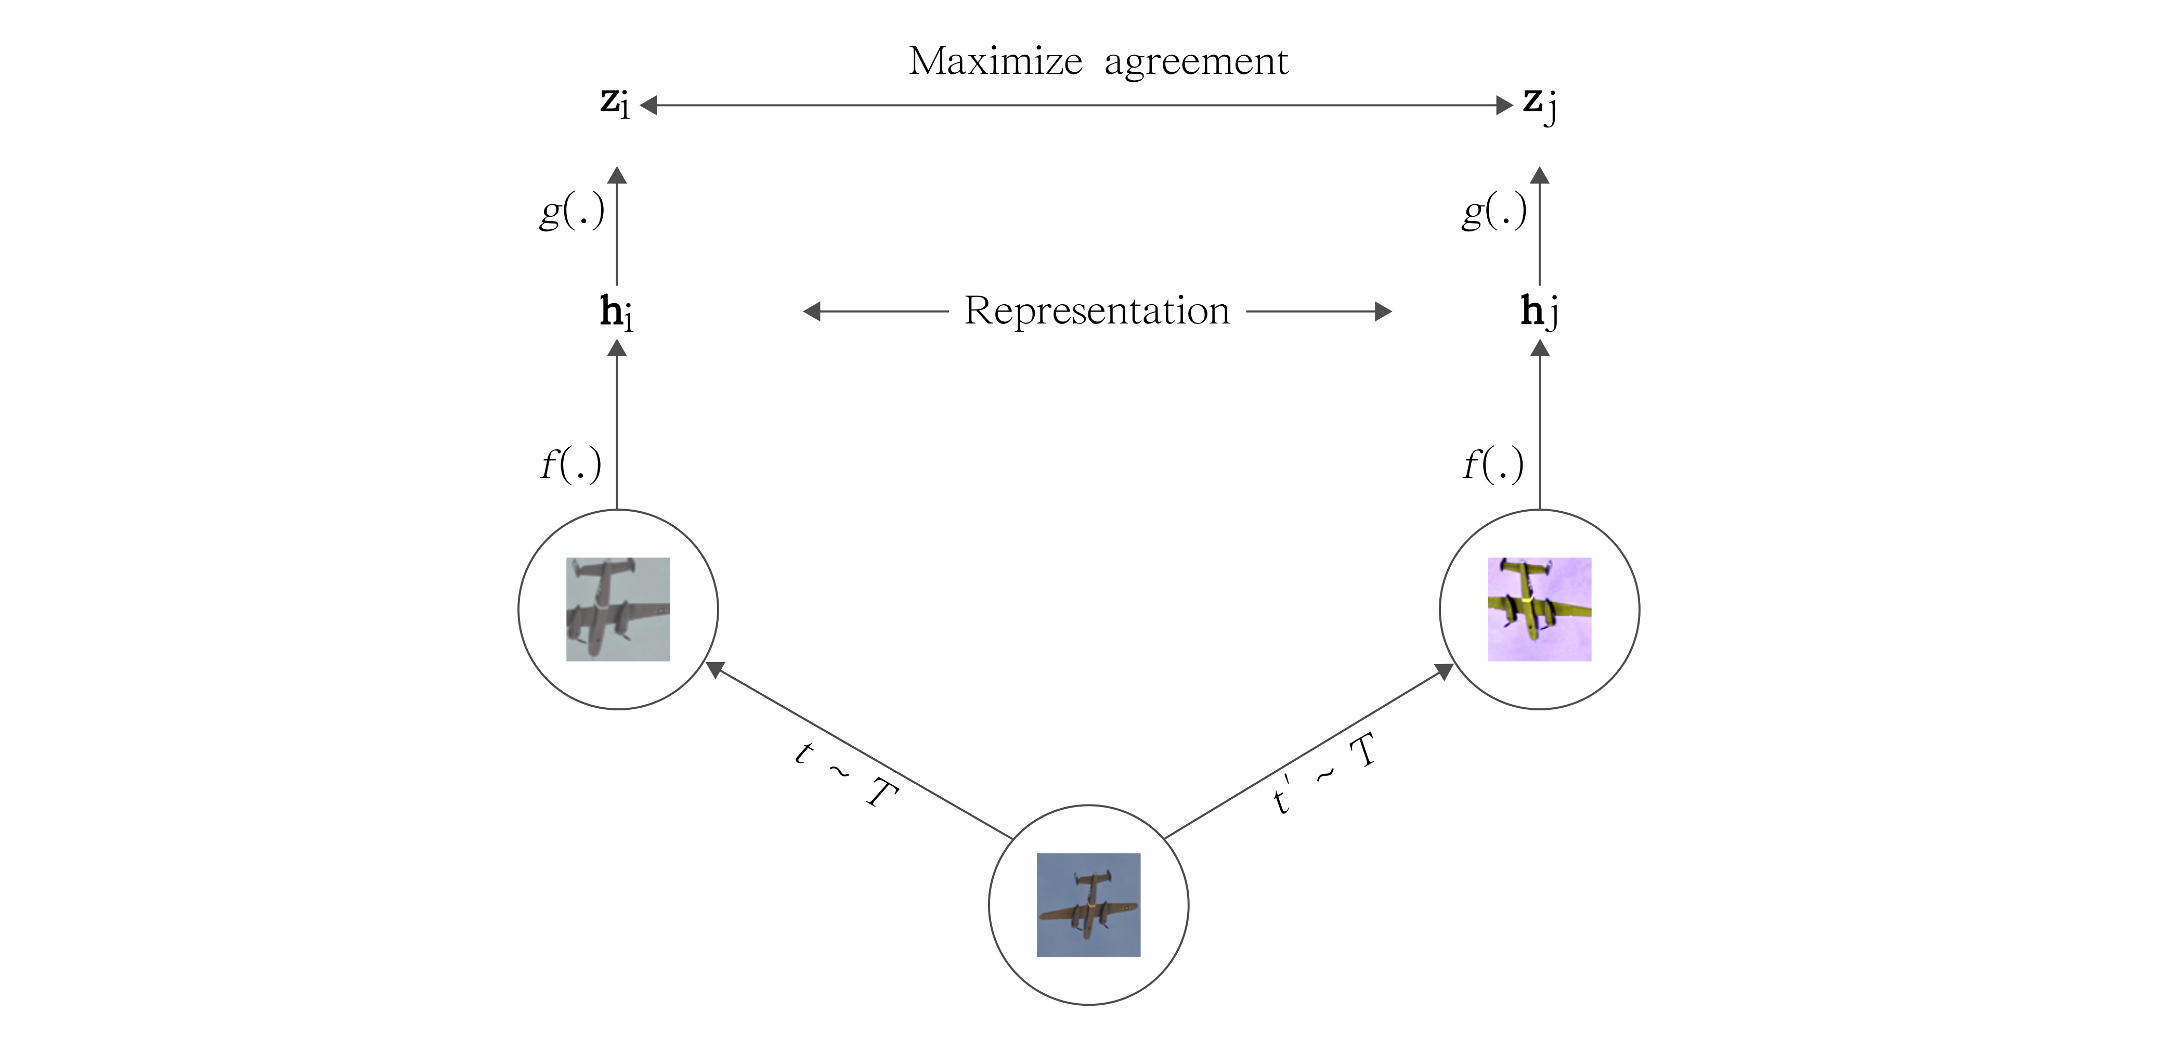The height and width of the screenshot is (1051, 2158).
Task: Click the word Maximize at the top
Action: [x=995, y=61]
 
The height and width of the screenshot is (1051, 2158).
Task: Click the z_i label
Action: [x=615, y=102]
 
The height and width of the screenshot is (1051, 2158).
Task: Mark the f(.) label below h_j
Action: [x=1493, y=465]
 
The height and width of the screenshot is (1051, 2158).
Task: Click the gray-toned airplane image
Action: [x=618, y=609]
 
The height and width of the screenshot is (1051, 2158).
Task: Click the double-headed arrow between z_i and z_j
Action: [x=1076, y=106]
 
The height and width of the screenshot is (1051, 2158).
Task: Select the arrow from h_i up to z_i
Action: [x=617, y=226]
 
